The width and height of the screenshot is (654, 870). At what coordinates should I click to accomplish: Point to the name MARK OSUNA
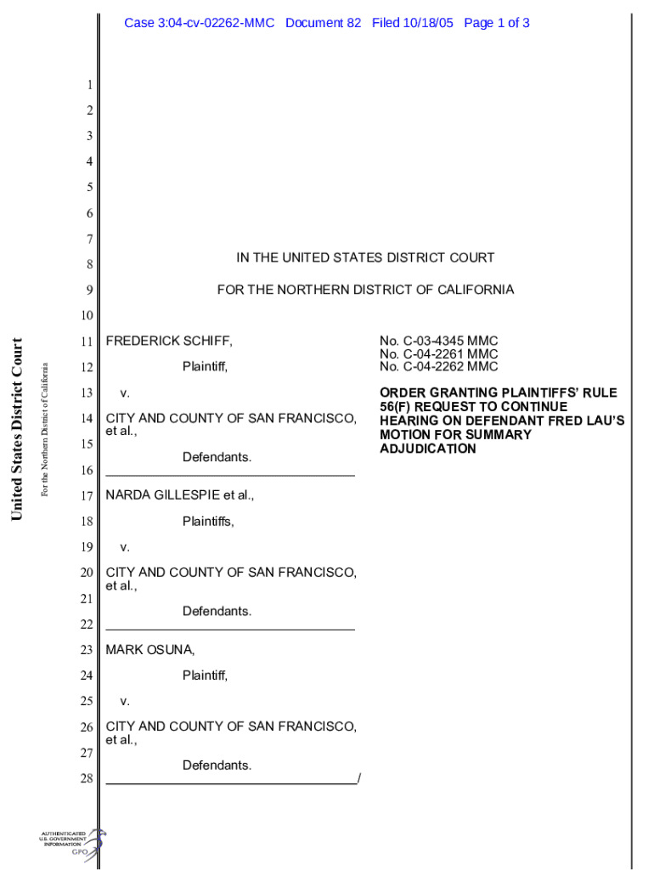click(x=149, y=650)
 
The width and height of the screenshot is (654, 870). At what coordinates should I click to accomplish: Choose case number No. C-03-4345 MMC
click(x=438, y=341)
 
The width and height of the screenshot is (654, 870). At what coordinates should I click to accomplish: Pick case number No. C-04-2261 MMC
click(x=438, y=353)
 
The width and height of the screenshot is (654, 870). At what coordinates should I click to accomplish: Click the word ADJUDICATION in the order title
click(x=427, y=448)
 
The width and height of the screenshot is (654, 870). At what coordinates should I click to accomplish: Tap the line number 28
click(x=87, y=778)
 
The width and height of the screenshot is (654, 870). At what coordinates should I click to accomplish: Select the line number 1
click(x=89, y=85)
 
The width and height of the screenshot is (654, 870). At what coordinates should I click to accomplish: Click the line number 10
click(x=87, y=316)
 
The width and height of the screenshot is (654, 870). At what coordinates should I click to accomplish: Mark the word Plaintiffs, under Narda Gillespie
click(x=208, y=522)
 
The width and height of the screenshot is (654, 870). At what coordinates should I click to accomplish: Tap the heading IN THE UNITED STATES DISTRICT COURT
click(x=365, y=257)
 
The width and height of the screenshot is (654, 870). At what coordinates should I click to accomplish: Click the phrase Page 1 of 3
click(x=497, y=23)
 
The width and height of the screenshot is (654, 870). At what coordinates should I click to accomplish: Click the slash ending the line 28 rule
click(x=359, y=778)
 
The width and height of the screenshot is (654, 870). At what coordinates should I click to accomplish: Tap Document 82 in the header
click(x=324, y=23)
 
